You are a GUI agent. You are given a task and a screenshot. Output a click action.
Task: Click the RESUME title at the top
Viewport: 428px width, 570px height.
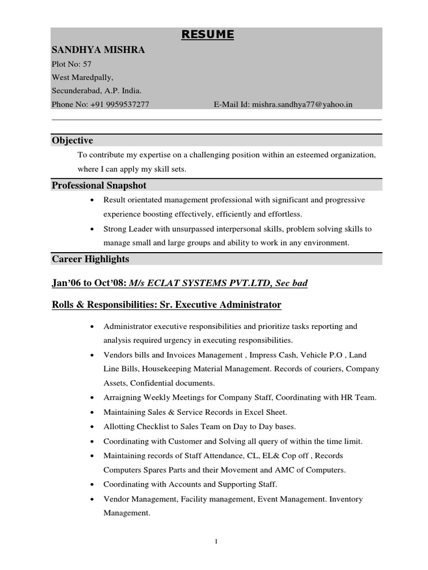tap(208, 36)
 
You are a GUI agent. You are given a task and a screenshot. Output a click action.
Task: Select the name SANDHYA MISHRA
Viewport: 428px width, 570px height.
tap(98, 50)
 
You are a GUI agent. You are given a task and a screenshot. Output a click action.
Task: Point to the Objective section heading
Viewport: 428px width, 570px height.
tap(72, 140)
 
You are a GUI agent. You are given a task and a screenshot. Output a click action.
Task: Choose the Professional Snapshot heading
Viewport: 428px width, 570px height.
tap(99, 185)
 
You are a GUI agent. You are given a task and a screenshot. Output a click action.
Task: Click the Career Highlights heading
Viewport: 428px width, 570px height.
tap(90, 259)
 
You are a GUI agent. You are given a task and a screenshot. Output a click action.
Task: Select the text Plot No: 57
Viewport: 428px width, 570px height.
tap(72, 64)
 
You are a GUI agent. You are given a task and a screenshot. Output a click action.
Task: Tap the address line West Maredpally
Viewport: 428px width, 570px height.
tap(82, 77)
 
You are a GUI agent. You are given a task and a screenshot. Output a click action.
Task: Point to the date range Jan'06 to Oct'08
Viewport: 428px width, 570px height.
tap(89, 283)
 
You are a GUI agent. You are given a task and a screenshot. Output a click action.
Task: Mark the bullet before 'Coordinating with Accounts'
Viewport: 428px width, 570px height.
tap(91, 484)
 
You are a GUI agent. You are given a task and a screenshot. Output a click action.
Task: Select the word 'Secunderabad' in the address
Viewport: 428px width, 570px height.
tap(74, 91)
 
